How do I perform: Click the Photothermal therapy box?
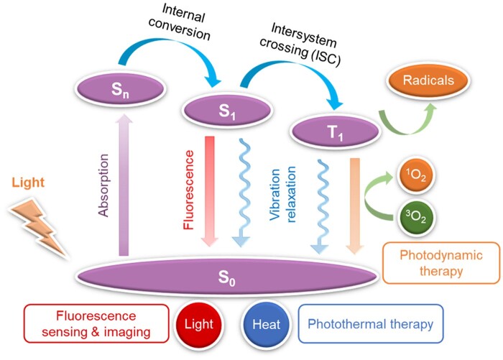tap(370, 325)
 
